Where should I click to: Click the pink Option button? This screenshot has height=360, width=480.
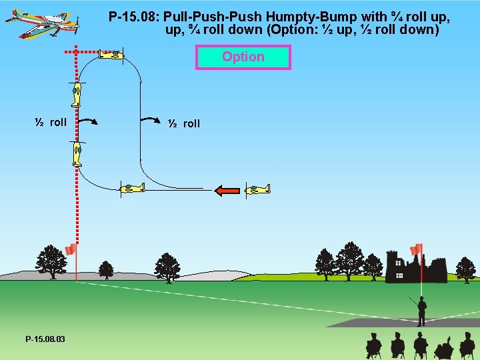pyautogui.click(x=243, y=57)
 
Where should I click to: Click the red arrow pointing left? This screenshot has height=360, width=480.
pyautogui.click(x=227, y=191)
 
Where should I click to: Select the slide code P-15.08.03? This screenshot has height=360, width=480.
pyautogui.click(x=45, y=339)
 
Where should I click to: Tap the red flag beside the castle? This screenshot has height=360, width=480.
pyautogui.click(x=417, y=250)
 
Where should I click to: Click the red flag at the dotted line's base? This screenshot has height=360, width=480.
pyautogui.click(x=70, y=250)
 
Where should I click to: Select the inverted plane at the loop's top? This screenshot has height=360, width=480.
pyautogui.click(x=112, y=55)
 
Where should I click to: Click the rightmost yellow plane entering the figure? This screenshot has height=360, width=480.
pyautogui.click(x=257, y=190)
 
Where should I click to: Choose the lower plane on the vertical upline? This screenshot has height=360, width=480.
pyautogui.click(x=77, y=153)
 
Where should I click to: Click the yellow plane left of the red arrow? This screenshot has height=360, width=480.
pyautogui.click(x=132, y=189)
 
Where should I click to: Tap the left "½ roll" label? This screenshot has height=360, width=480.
pyautogui.click(x=51, y=122)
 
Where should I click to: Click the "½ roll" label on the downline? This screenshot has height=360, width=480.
pyautogui.click(x=184, y=123)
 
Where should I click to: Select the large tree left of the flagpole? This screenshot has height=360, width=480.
pyautogui.click(x=51, y=261)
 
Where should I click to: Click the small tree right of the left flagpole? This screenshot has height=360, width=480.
pyautogui.click(x=106, y=269)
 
